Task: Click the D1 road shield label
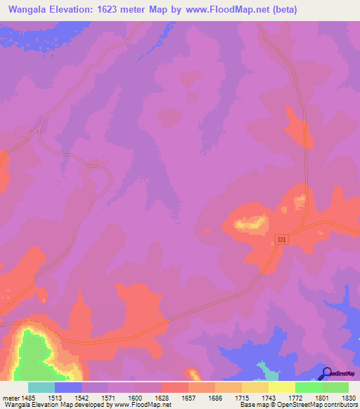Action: [x=283, y=240]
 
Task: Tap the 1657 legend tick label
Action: [x=188, y=398]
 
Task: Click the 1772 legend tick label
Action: [x=295, y=398]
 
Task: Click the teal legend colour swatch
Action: [x=41, y=387]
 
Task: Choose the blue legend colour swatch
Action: [x=68, y=387]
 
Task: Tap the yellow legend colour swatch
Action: [x=281, y=387]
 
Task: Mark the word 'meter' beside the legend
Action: [x=10, y=398]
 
